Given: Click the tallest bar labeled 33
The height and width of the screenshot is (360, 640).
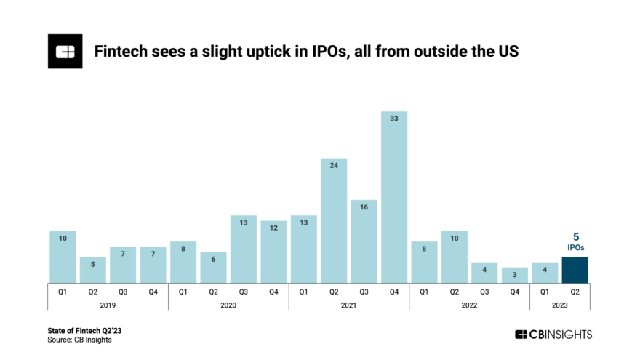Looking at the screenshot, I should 394,196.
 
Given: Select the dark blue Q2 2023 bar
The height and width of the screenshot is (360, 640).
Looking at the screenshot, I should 575,270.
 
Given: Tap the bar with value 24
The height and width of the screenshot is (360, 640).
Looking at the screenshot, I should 334,220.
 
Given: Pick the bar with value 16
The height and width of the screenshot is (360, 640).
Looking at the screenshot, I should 364,241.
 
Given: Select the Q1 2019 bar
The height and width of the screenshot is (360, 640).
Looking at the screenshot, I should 63,257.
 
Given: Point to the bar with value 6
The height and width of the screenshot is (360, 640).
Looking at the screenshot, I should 213,267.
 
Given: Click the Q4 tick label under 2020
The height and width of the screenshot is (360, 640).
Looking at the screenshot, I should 273,292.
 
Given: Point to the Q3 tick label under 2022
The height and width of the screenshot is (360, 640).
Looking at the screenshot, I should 484,292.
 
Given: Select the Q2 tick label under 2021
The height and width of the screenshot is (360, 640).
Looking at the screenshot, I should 334,292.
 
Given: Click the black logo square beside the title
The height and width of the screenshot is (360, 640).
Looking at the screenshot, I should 65,51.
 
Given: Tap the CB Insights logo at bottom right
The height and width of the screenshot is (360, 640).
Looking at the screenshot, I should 553,335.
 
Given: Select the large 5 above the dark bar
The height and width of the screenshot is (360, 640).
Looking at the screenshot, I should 575,237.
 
